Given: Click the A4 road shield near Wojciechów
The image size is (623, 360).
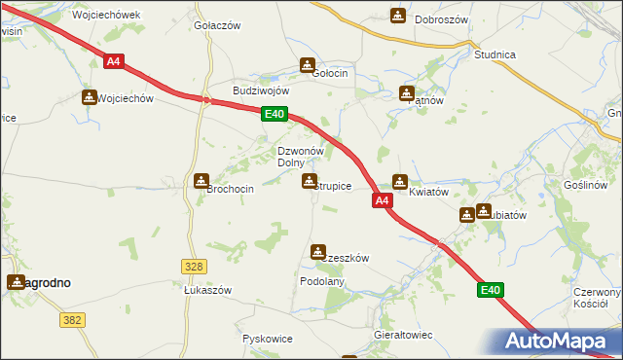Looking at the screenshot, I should click(113, 61).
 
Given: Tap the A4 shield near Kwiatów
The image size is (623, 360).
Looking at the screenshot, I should click(382, 200).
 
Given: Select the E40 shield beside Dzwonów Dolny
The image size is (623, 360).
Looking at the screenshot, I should click(275, 115).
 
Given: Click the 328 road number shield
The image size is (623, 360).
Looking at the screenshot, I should click(193, 266).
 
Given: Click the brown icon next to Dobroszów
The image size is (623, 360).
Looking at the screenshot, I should click(398, 16).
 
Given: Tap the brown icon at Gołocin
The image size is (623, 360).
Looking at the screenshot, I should click(307, 66).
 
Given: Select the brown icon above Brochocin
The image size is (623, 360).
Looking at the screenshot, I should click(202, 180).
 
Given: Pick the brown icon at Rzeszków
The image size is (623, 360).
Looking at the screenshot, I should click(318, 252).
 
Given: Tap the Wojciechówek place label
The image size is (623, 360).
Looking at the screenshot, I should click(107, 16).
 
